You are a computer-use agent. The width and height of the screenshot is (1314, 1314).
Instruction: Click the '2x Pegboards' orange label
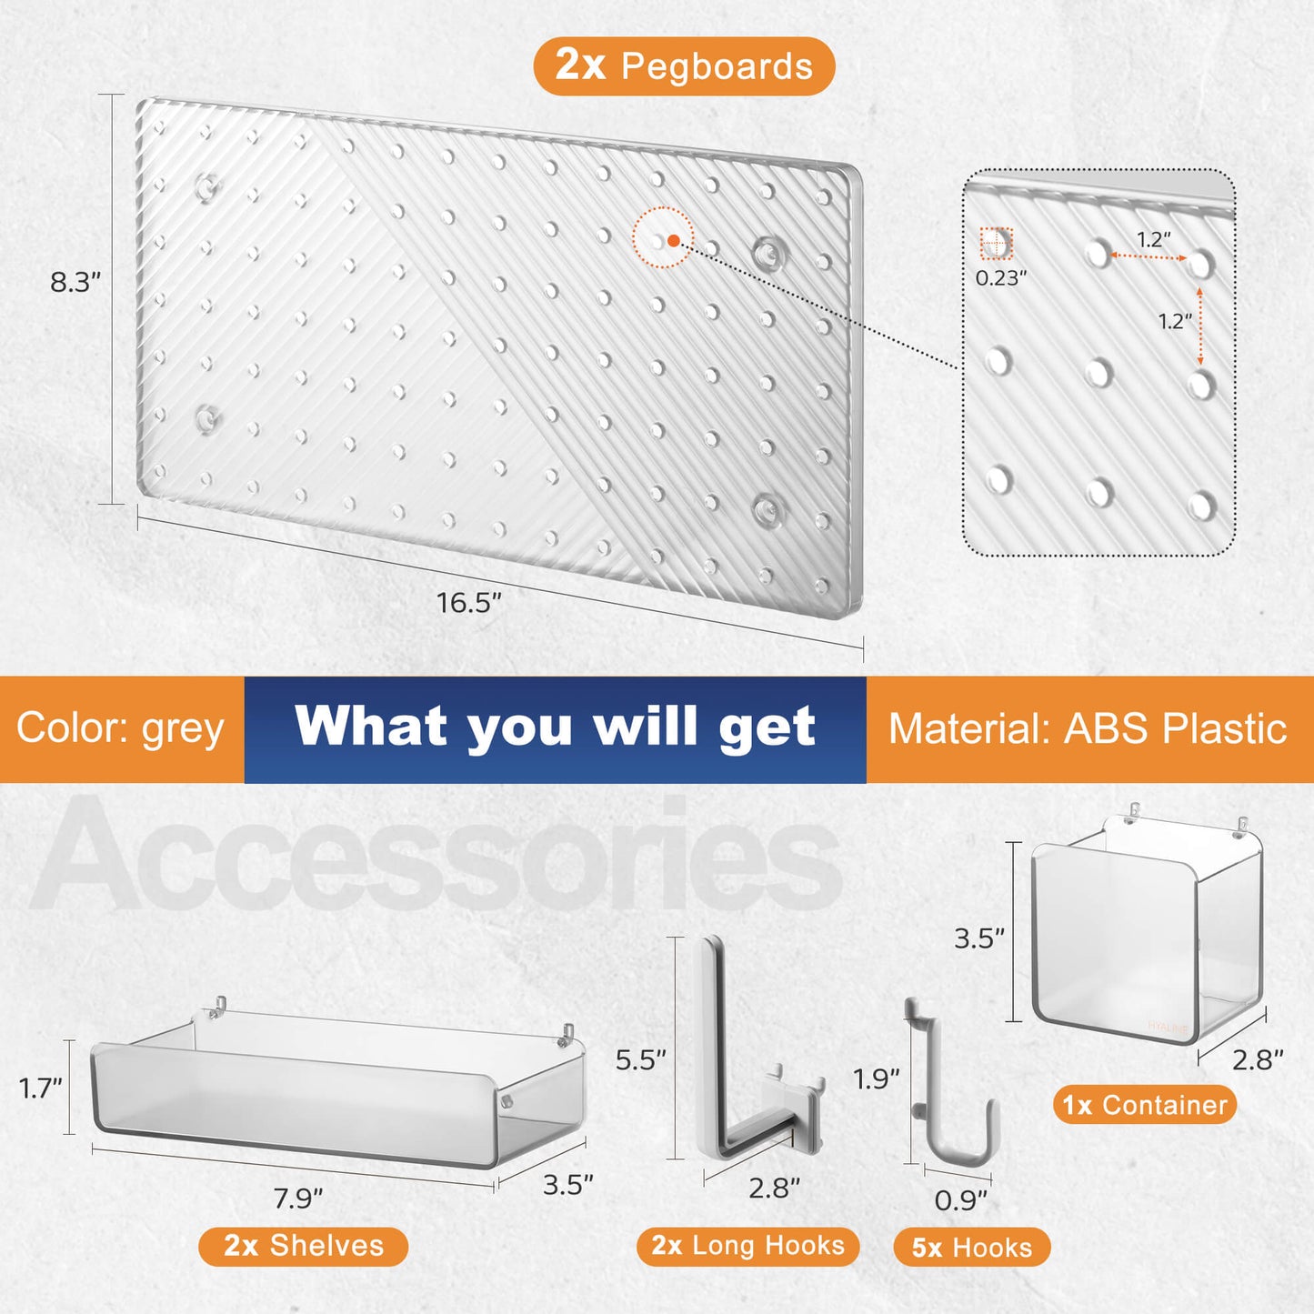click(684, 66)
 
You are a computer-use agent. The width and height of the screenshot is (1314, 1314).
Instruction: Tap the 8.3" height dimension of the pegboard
click(75, 282)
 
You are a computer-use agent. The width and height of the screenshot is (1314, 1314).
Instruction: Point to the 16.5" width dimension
click(468, 602)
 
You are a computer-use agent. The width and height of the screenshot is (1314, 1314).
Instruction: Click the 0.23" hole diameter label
click(1000, 277)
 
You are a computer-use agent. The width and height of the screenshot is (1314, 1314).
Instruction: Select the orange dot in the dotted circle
click(673, 240)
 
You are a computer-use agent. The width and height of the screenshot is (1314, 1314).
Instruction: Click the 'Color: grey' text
click(120, 728)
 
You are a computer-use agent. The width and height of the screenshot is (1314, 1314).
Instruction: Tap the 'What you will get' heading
click(555, 727)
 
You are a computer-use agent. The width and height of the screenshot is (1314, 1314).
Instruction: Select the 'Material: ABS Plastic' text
click(1088, 728)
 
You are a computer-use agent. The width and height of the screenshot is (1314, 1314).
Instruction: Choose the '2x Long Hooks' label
click(748, 1245)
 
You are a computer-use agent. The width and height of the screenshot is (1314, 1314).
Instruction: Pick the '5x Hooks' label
click(972, 1248)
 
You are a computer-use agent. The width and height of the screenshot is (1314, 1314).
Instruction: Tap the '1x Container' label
click(1145, 1105)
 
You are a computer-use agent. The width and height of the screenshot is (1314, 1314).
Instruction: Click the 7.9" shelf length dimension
click(298, 1199)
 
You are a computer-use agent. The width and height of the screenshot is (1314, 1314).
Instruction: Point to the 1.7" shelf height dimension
click(40, 1088)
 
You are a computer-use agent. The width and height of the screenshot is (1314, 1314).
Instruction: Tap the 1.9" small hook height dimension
click(877, 1079)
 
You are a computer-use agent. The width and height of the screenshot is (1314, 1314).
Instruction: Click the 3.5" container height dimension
click(979, 939)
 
